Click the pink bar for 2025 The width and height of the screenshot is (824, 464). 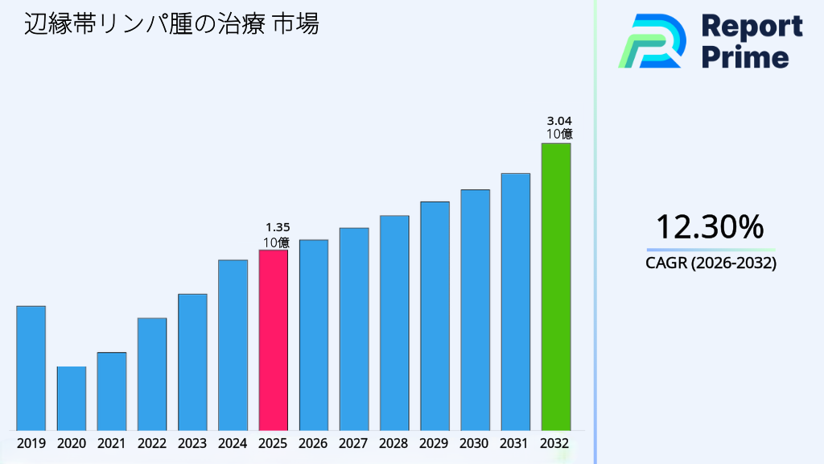(273, 340)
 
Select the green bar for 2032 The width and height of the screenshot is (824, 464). (555, 287)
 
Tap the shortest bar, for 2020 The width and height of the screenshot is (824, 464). (72, 398)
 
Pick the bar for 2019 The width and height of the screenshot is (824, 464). (31, 368)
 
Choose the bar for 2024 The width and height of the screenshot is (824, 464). (233, 345)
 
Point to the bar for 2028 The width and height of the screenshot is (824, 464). (394, 323)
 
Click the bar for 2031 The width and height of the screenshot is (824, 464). (515, 302)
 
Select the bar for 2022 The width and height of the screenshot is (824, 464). (152, 374)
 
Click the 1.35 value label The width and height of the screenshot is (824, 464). (277, 227)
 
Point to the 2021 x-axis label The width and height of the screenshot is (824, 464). (112, 443)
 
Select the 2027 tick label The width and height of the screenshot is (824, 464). (354, 443)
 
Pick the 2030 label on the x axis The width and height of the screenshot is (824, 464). (475, 443)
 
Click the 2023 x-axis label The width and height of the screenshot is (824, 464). (192, 443)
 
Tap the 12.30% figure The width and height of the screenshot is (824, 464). (709, 227)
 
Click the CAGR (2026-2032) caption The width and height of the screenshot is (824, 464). (711, 263)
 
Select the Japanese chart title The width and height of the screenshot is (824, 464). (171, 25)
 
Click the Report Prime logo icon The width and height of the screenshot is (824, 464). (652, 41)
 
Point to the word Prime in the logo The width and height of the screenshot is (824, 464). (745, 57)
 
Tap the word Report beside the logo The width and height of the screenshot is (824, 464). (752, 26)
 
